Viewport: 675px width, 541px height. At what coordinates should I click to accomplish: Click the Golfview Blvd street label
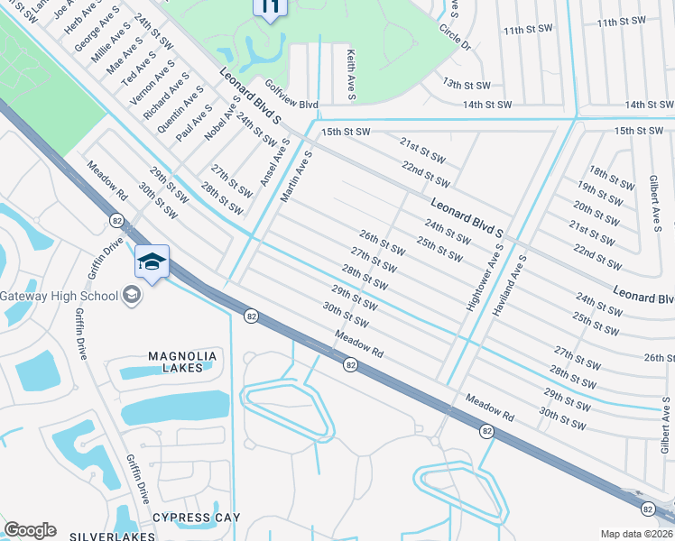click(291, 105)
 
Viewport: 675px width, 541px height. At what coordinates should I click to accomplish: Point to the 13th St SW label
click(466, 83)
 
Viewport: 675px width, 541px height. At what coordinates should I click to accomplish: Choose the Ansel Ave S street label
click(274, 163)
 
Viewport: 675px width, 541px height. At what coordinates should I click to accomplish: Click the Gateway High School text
click(59, 296)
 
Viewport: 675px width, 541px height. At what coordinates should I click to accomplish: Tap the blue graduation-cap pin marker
click(152, 262)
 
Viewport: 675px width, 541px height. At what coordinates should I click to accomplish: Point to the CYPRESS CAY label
click(196, 517)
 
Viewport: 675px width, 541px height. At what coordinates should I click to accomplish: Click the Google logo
click(30, 530)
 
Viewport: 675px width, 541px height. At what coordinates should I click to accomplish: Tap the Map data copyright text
click(637, 534)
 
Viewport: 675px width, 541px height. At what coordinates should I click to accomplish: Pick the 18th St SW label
click(611, 177)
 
